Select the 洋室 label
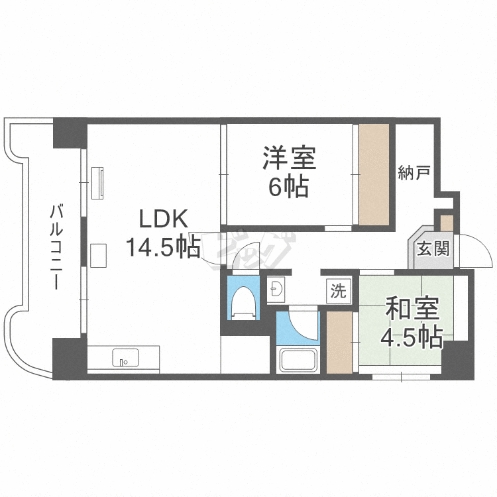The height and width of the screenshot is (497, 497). [x=289, y=158]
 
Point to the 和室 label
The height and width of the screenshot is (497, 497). [x=412, y=309]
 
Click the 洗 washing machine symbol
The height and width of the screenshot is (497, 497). [x=338, y=291]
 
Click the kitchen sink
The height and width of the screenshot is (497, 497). [x=123, y=359]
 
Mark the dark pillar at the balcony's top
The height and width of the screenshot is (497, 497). [x=69, y=133]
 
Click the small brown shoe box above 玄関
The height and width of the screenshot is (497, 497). [x=447, y=222]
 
